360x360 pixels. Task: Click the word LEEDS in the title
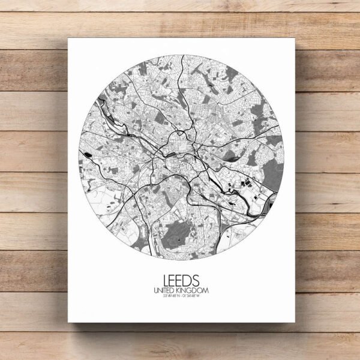pos(181,280)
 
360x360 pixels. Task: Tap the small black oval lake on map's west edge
pos(89,155)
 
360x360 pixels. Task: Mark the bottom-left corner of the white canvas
pos(68,322)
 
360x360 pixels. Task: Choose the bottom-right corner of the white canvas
pos(295,322)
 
